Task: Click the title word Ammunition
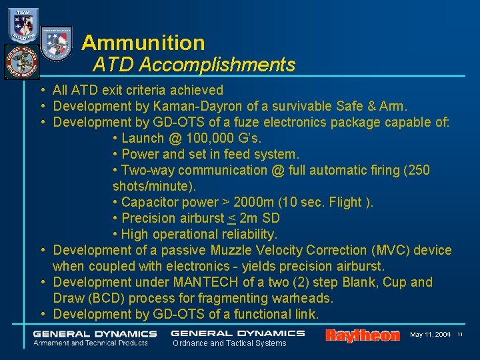pos(143,43)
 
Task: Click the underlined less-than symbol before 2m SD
pos(232,218)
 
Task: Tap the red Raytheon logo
pos(362,335)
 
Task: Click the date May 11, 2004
pos(430,334)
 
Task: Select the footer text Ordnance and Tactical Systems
pos(229,343)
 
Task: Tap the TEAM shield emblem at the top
pos(23,25)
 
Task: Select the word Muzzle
pos(232,250)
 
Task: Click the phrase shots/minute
pos(153,186)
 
